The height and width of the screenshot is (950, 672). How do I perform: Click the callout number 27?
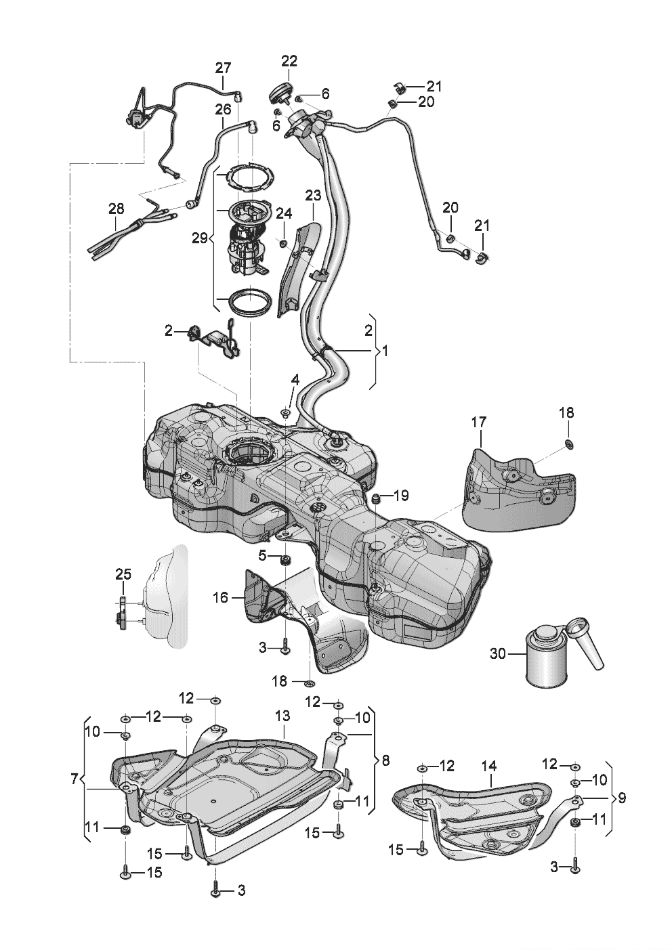223,68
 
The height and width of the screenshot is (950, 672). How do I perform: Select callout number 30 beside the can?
498,654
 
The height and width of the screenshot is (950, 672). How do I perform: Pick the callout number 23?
313,196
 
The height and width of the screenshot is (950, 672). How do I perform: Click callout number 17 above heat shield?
479,422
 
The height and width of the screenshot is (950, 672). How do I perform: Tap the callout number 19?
401,496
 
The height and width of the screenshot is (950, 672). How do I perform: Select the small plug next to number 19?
375,500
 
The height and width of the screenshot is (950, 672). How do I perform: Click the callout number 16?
221,597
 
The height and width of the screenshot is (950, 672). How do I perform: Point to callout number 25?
123,575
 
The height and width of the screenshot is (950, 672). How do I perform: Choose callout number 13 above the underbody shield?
282,716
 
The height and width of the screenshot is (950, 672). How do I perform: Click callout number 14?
489,766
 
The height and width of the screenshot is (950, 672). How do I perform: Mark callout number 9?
621,798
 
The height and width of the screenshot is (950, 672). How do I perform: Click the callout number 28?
116,210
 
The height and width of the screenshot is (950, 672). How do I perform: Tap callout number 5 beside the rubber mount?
262,555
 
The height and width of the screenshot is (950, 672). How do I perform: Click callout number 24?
283,214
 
